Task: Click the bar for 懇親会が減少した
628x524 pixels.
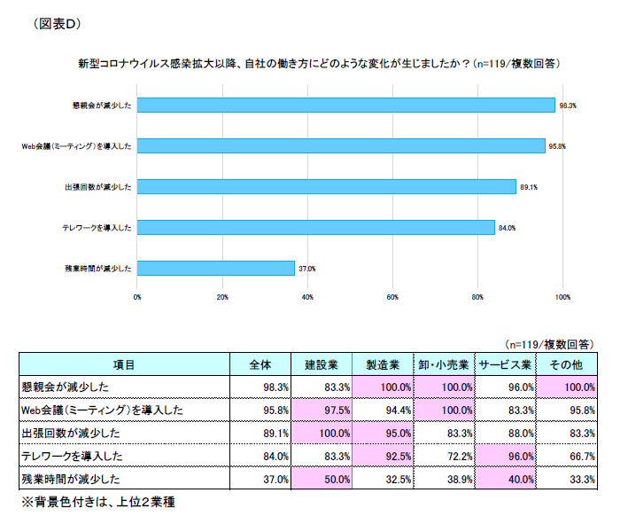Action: pyautogui.click(x=345, y=105)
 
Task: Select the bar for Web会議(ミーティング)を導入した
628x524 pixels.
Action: pyautogui.click(x=341, y=145)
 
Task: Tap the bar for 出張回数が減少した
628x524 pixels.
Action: pyautogui.click(x=326, y=186)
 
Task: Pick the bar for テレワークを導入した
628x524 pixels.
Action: pyautogui.click(x=315, y=227)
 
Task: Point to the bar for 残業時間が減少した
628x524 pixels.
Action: pyautogui.click(x=215, y=268)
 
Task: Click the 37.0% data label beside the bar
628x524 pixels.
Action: pyautogui.click(x=307, y=269)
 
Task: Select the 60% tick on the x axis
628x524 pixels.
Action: pyautogui.click(x=392, y=297)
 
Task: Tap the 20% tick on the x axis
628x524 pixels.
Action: pyautogui.click(x=222, y=297)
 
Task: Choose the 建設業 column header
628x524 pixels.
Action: pyautogui.click(x=322, y=364)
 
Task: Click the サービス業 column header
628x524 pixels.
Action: pyautogui.click(x=505, y=364)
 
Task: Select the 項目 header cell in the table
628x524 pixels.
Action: pyautogui.click(x=124, y=364)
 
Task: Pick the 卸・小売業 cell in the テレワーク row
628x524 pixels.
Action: pyautogui.click(x=445, y=457)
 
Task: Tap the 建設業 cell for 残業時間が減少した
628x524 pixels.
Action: pyautogui.click(x=322, y=480)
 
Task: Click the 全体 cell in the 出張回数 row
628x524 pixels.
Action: pyautogui.click(x=261, y=434)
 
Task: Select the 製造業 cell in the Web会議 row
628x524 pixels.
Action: pyautogui.click(x=384, y=411)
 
